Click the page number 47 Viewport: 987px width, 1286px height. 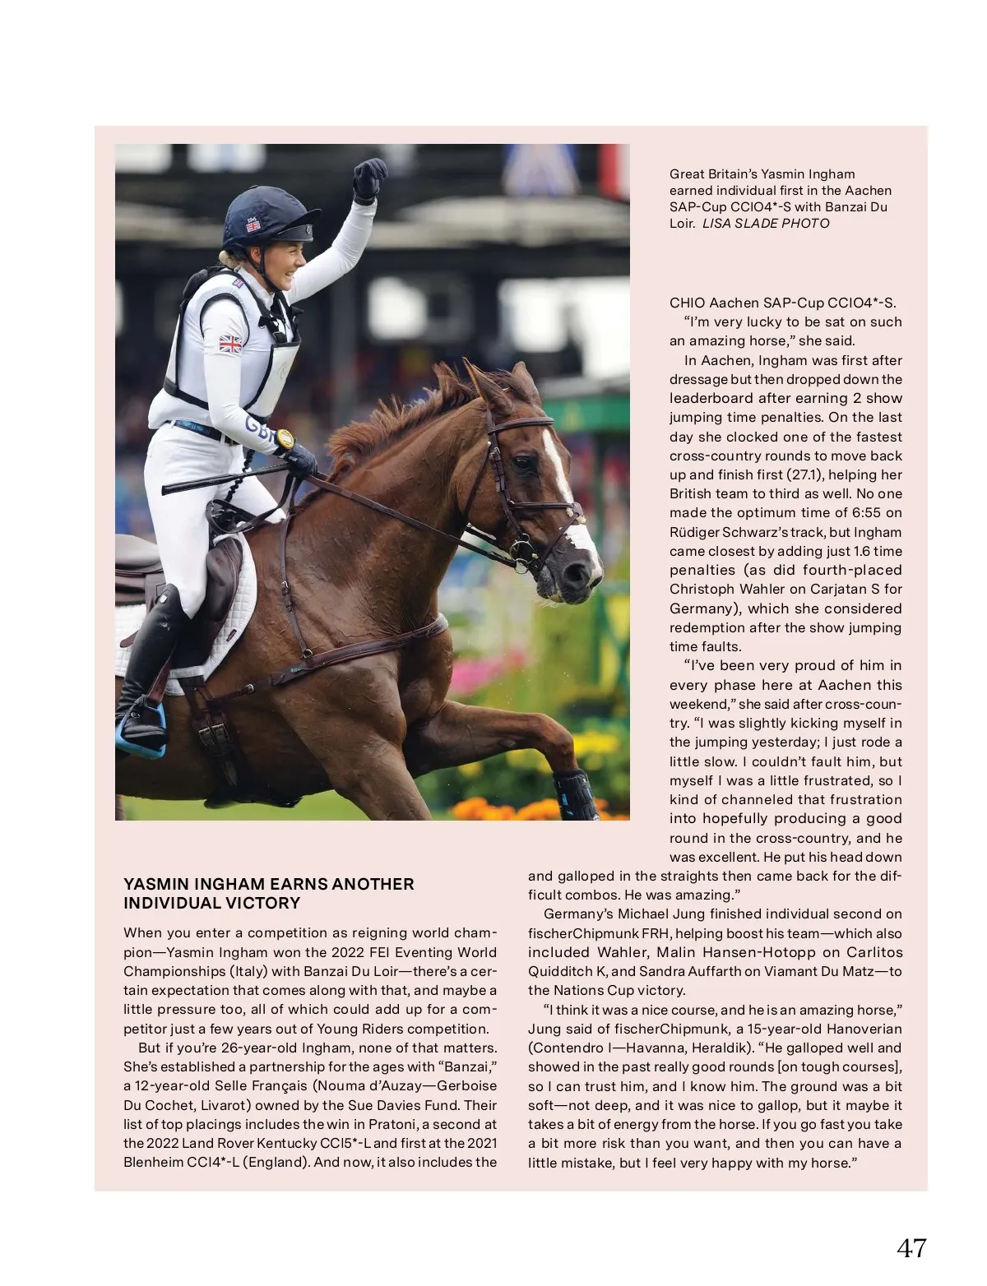[x=911, y=1248]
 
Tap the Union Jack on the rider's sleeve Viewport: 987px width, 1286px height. [x=229, y=344]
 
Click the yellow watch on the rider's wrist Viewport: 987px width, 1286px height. [x=285, y=439]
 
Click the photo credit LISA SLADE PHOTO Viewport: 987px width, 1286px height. [x=765, y=224]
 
